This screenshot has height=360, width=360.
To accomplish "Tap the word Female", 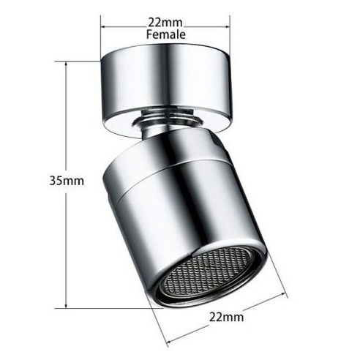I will (166, 34).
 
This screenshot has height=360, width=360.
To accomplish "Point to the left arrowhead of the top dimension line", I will (104, 27).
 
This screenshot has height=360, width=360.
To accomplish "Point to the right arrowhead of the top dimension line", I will (228, 27).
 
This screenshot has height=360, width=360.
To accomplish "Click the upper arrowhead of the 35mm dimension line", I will (67, 64).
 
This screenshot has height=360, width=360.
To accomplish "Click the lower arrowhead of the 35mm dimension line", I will (67, 305).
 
